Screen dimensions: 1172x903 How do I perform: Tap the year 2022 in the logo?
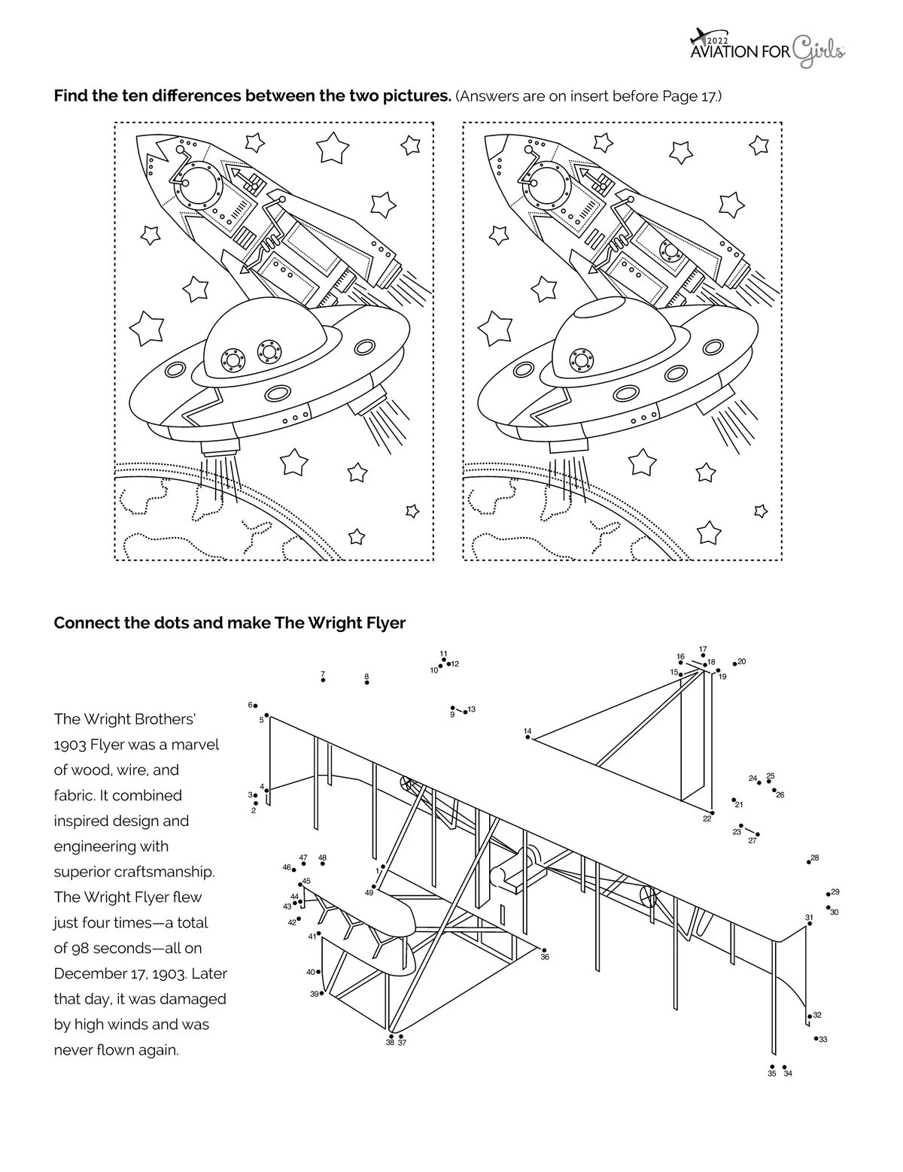click(x=719, y=40)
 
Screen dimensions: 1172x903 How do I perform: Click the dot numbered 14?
click(x=528, y=738)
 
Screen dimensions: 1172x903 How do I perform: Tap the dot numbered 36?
click(x=544, y=950)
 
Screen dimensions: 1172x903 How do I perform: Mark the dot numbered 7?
click(x=323, y=680)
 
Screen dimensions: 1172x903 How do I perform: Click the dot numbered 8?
click(x=367, y=682)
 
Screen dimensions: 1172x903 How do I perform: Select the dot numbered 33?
click(x=816, y=1038)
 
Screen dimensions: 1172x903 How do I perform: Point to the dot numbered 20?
click(x=734, y=663)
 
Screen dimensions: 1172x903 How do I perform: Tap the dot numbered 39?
click(x=322, y=994)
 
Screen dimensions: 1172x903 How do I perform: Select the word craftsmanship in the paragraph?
click(x=172, y=872)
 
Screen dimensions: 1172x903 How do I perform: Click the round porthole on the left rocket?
click(x=198, y=184)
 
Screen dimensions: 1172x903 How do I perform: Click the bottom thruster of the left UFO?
click(x=219, y=449)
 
